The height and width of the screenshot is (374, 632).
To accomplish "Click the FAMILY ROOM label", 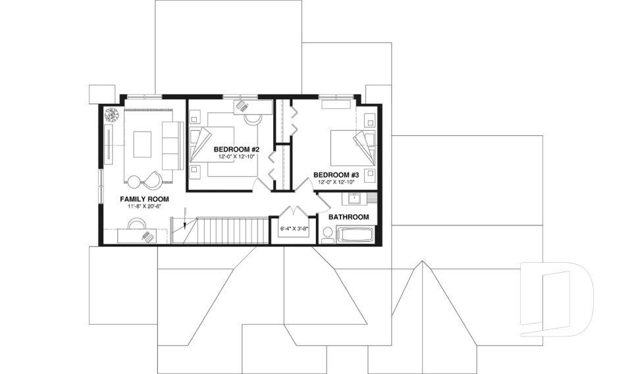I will (x=144, y=199).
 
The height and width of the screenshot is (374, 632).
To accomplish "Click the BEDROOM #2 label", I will (x=232, y=149).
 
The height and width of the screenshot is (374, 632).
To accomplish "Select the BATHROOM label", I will (x=348, y=217).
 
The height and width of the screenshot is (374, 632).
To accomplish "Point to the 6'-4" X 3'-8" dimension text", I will (x=294, y=229).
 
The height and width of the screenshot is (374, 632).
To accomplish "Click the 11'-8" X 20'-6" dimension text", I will (x=144, y=206).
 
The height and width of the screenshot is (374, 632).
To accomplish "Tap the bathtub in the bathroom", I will (x=355, y=235).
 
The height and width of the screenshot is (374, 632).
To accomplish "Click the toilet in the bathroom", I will (x=327, y=234).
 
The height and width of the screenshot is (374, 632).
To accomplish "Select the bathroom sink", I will (x=352, y=198).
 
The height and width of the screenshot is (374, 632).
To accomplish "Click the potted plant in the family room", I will (x=112, y=114).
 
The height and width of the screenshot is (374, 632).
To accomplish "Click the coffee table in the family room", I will (x=142, y=145).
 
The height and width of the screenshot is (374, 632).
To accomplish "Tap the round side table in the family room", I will (x=134, y=182).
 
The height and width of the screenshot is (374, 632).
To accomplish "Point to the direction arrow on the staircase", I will (x=186, y=225).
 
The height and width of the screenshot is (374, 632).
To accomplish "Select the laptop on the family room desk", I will (x=145, y=233).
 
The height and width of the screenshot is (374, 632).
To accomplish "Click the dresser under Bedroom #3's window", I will (x=336, y=103).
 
